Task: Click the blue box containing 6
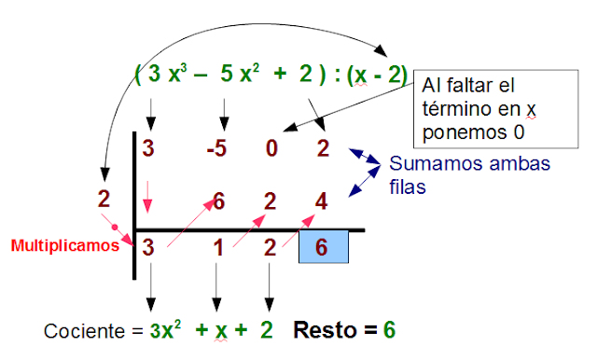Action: (323, 247)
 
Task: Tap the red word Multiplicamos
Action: (64, 247)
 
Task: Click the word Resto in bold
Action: (322, 330)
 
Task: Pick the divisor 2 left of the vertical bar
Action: (104, 199)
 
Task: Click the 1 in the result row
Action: (217, 247)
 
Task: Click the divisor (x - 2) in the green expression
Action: (377, 76)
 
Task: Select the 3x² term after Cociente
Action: (167, 330)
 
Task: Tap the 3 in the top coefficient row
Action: (147, 148)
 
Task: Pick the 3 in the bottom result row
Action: (147, 247)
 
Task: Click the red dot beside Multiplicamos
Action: (113, 227)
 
